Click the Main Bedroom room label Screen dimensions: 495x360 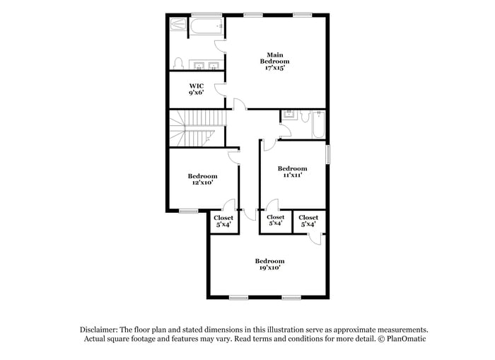(x=274, y=58)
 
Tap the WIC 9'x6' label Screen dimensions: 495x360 (x=197, y=89)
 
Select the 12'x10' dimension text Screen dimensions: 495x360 (x=202, y=182)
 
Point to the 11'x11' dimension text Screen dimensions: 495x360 (x=292, y=175)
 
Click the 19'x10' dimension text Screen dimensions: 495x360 (x=269, y=267)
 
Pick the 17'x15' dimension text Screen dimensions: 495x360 (x=274, y=68)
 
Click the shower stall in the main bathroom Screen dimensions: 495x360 (x=178, y=24)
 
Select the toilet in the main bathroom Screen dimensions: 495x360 (x=178, y=64)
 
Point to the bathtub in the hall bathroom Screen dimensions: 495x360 (x=318, y=124)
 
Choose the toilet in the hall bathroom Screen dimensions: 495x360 (x=305, y=116)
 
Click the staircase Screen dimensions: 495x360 (x=198, y=128)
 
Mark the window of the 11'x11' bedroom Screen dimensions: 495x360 (x=328, y=154)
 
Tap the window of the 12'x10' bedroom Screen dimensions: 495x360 (x=189, y=211)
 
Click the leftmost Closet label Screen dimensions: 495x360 (x=223, y=218)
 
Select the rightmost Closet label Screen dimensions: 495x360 (x=308, y=218)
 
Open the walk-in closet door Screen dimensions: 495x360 (x=221, y=90)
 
